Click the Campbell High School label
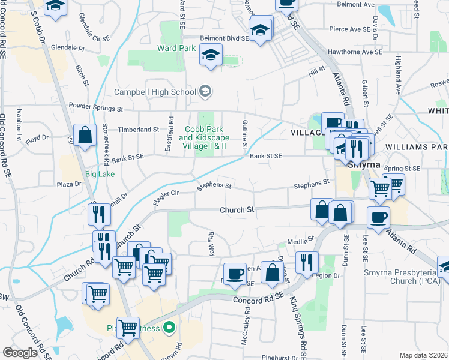pyautogui.click(x=155, y=92)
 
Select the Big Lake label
pyautogui.click(x=99, y=174)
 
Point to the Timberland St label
pyautogui.click(x=139, y=129)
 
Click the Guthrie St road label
pyautogui.click(x=244, y=134)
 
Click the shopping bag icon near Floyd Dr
pyautogui.click(x=85, y=135)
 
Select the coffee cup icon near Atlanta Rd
pyautogui.click(x=378, y=218)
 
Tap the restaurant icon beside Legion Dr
pyautogui.click(x=307, y=262)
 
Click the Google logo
pyautogui.click(x=20, y=352)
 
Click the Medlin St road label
pyautogui.click(x=297, y=242)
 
